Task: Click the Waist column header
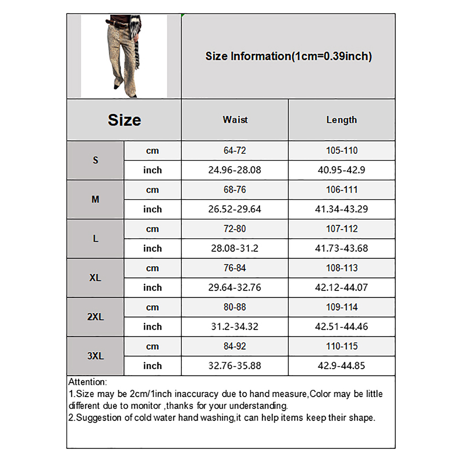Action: [235, 120]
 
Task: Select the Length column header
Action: [342, 120]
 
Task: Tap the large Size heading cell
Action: [124, 120]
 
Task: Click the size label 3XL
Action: [95, 356]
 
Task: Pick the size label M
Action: [95, 199]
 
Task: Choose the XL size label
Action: [95, 278]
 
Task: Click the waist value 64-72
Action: [235, 150]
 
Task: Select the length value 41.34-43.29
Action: [342, 209]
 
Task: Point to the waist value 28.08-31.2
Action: [235, 248]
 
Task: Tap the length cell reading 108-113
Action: [342, 268]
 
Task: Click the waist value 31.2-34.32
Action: [235, 327]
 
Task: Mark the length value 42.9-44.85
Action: [342, 366]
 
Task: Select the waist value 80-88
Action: [235, 307]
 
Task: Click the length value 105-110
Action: [342, 150]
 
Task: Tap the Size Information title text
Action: [288, 56]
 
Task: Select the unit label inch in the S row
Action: [152, 170]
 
